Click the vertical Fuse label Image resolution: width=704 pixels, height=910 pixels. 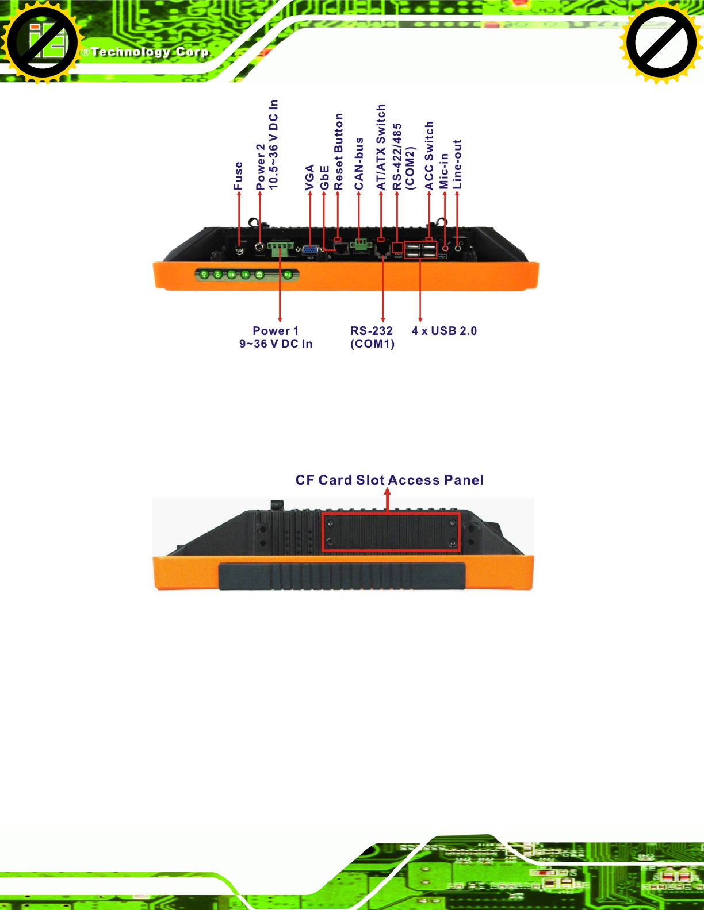coord(238,176)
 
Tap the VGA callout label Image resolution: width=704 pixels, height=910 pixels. coord(310,177)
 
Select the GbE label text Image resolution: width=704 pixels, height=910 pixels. coord(324,178)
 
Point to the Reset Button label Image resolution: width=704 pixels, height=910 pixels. coord(339,152)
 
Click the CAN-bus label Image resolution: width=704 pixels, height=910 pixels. coord(359,164)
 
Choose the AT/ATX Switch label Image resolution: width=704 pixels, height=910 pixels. coord(381,147)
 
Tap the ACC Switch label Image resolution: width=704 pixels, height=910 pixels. coord(429,156)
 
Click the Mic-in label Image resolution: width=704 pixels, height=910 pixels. coord(444,171)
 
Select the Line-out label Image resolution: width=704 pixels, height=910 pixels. coord(457,164)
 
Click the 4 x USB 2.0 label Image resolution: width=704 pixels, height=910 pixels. coord(444,331)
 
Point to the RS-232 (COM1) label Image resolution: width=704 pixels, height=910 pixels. coord(372,337)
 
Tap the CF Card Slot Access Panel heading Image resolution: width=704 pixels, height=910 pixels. coord(389,480)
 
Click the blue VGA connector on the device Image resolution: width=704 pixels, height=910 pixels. coord(311,250)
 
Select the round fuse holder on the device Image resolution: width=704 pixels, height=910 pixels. coord(239,250)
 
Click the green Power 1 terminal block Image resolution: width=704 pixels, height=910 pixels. coord(280,248)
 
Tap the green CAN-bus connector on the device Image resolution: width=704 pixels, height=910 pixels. coord(361,245)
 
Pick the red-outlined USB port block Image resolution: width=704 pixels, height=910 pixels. coord(420,250)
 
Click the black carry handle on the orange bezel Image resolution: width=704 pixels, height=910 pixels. coord(341,576)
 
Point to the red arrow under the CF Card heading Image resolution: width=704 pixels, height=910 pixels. coord(388,500)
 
